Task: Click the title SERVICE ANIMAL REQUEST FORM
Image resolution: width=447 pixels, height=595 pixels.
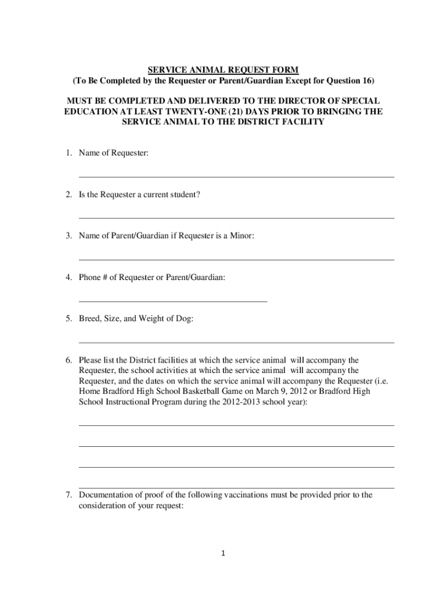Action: [x=223, y=70]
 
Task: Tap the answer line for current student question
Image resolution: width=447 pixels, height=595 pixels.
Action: [x=236, y=217]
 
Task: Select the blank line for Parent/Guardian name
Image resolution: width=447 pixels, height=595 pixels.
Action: [x=236, y=259]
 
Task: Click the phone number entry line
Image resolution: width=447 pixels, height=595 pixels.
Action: [x=173, y=301]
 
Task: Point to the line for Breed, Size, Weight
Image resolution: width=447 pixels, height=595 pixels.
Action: [x=236, y=342]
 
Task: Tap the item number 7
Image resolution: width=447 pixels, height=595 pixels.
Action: [x=67, y=495]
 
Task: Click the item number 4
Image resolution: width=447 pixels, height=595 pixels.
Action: [x=67, y=278]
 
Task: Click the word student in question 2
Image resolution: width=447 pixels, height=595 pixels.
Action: [x=186, y=194]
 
